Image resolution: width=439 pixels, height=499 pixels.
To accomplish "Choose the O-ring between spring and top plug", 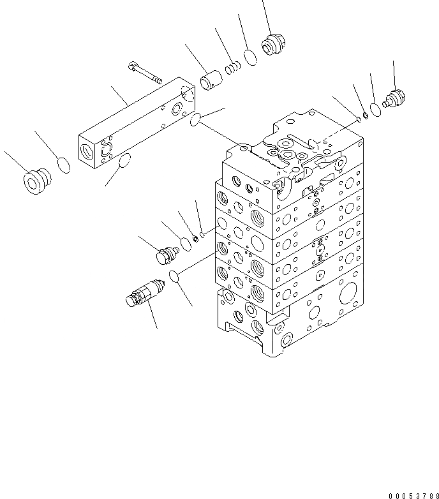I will pos(251,57).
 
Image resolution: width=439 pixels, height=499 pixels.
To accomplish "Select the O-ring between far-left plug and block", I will pos(63,165).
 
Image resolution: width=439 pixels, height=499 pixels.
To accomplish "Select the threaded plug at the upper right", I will pos(394,100).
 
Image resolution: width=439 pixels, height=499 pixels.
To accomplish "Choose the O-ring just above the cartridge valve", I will pos(172,276).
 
